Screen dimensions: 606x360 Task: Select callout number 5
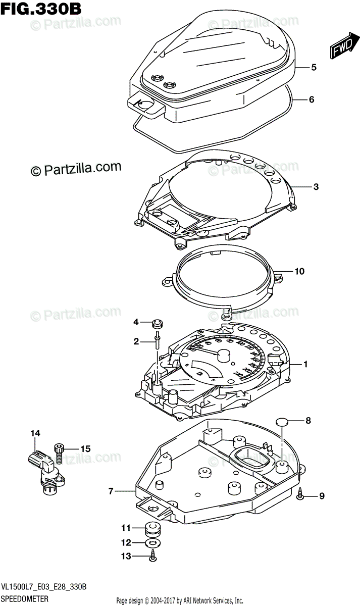314,67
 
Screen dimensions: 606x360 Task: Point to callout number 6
312,99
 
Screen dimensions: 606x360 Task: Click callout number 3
315,187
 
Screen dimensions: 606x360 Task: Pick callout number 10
299,272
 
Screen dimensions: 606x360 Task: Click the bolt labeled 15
60,451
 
